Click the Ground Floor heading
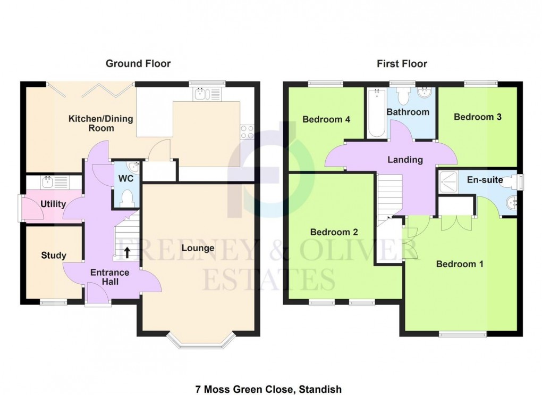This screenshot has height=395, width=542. pyautogui.click(x=138, y=64)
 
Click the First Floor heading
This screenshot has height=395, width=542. pyautogui.click(x=402, y=64)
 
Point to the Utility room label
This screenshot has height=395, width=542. pyautogui.click(x=53, y=204)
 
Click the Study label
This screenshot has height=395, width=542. pyautogui.click(x=54, y=256)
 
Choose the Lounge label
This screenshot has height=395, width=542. pyautogui.click(x=198, y=248)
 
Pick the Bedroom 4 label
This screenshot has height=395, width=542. pyautogui.click(x=326, y=119)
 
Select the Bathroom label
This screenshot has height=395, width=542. pyautogui.click(x=408, y=112)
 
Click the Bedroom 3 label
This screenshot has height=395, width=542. pyautogui.click(x=478, y=117)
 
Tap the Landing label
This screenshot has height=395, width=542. pyautogui.click(x=405, y=159)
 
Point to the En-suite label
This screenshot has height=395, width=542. pyautogui.click(x=485, y=180)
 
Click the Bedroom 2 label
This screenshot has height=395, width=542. pyautogui.click(x=334, y=232)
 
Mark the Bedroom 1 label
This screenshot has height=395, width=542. pyautogui.click(x=460, y=264)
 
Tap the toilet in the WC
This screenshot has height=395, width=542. pyautogui.click(x=126, y=199)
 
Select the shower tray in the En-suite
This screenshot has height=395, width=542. pyautogui.click(x=451, y=183)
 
